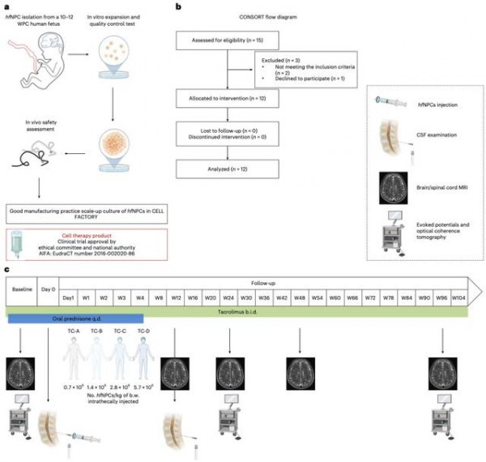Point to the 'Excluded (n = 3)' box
(297, 71)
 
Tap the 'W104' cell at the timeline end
(459, 299)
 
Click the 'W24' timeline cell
(228, 299)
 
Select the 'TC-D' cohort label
(144, 332)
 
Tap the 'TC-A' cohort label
(75, 332)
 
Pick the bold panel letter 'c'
(7, 268)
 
